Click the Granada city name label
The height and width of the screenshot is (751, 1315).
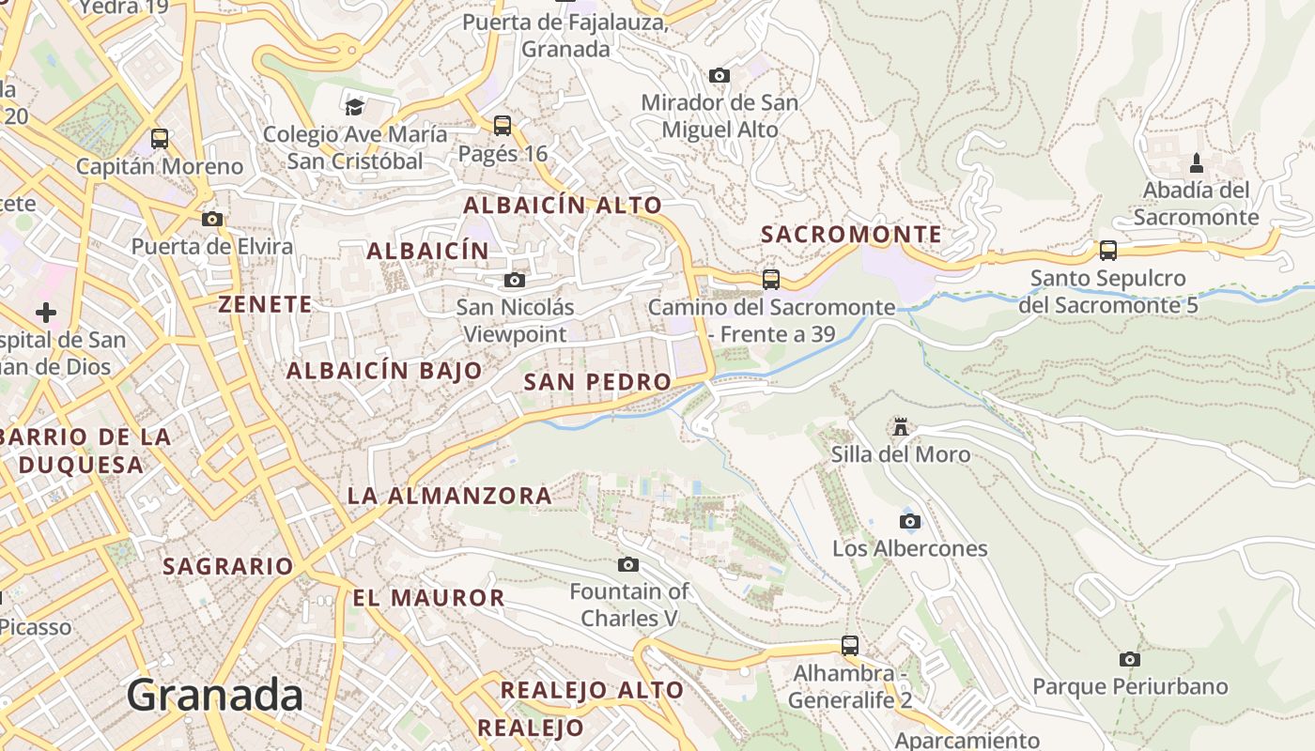point(214,696)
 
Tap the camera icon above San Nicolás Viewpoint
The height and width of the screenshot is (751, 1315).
point(514,280)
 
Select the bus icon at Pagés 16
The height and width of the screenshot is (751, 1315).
point(503,125)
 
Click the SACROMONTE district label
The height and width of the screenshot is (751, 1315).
point(851,235)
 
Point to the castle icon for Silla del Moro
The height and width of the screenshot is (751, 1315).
point(901,427)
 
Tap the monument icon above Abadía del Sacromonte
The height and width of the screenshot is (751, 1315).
point(1196,163)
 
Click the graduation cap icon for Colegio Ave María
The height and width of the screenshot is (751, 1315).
point(354,107)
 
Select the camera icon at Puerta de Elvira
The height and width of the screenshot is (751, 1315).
point(212,220)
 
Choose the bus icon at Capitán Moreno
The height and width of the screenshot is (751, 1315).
point(160,139)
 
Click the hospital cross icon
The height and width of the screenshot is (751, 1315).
point(45,313)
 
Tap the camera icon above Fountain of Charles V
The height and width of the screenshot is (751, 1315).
point(628,564)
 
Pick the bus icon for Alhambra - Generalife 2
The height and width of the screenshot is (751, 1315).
point(850,646)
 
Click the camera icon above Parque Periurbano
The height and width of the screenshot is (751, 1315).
point(1130,660)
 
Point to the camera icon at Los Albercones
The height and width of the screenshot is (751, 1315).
point(909,522)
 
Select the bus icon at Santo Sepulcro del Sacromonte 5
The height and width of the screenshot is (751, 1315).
point(1108,251)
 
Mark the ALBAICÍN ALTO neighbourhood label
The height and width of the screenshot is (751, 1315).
point(563,205)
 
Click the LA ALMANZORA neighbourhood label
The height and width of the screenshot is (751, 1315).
point(450,496)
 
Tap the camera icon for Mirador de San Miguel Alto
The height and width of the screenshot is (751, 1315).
point(719,75)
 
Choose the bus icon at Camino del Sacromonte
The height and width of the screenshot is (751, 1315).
point(771,280)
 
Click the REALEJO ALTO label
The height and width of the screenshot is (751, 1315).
point(592,690)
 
